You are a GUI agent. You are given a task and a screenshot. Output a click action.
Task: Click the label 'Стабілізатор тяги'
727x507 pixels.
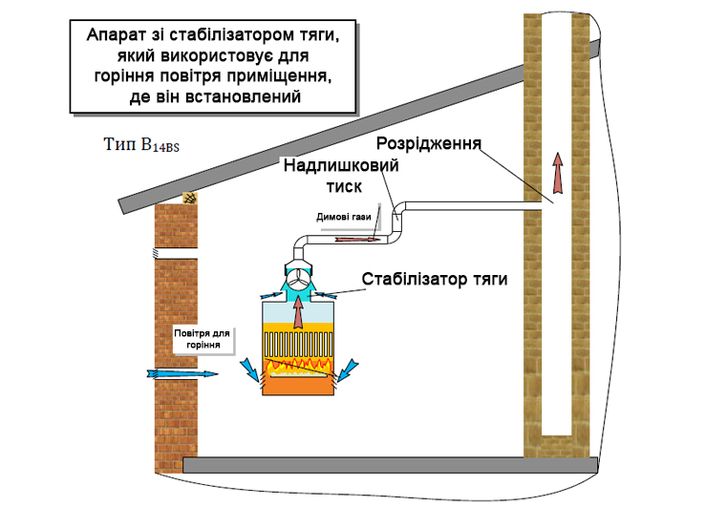coord(434,279)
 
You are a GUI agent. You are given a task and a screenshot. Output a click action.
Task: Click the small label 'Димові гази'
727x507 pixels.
coord(336,217)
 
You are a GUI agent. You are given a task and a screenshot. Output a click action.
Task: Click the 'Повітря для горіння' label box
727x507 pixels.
coord(203,338)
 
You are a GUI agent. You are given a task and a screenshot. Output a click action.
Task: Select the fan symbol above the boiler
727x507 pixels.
coord(299,278)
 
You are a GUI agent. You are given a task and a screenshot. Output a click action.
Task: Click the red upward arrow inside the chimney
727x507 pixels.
coord(557,176)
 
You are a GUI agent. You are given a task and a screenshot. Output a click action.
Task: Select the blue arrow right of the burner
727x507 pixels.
coord(351,369)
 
